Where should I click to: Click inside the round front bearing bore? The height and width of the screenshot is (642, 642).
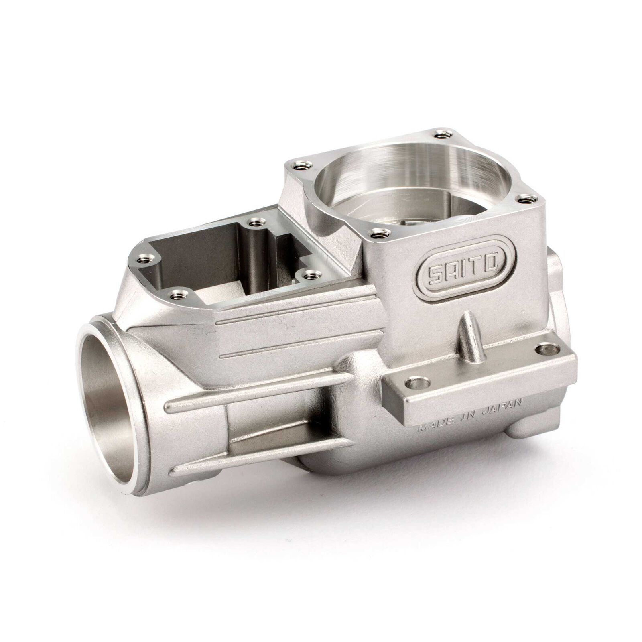[108, 409]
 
